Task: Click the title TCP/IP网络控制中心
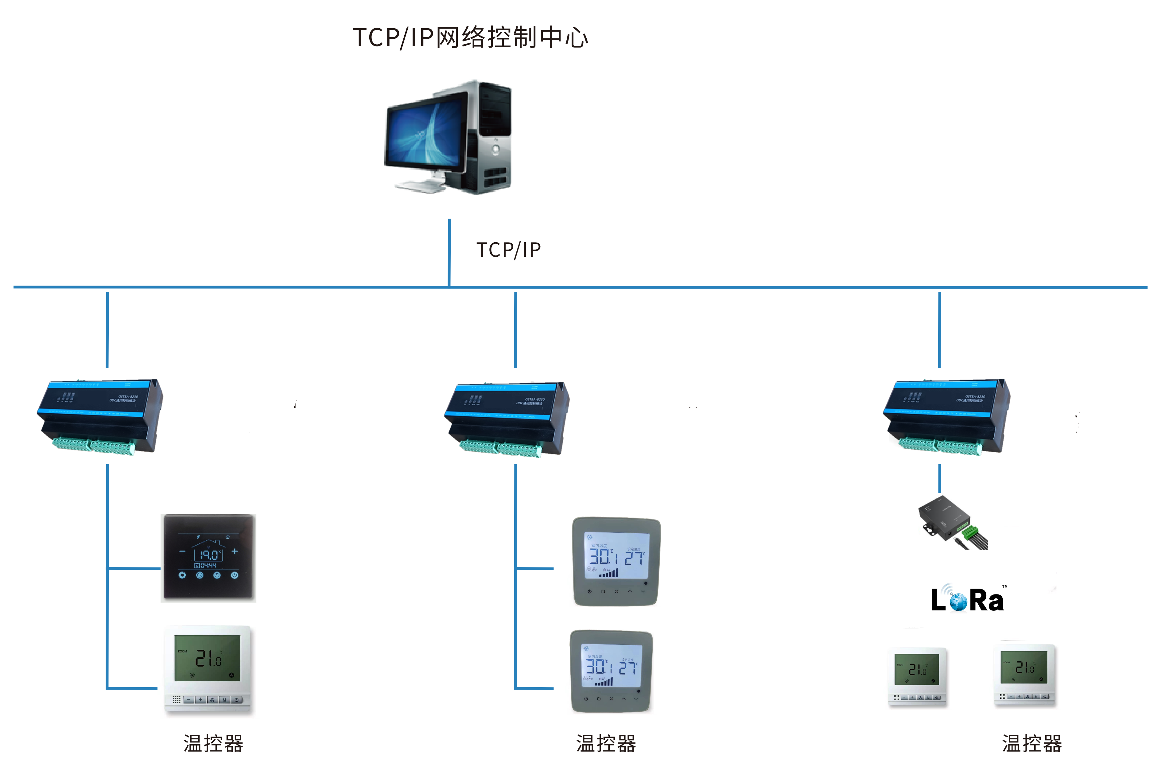tap(470, 37)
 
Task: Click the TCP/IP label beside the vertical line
tap(508, 250)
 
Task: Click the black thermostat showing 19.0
tap(208, 558)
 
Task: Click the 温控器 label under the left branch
tap(213, 743)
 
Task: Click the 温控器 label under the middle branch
tap(606, 743)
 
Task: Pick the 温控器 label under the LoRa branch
tap(1032, 743)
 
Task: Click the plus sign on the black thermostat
tap(235, 551)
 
